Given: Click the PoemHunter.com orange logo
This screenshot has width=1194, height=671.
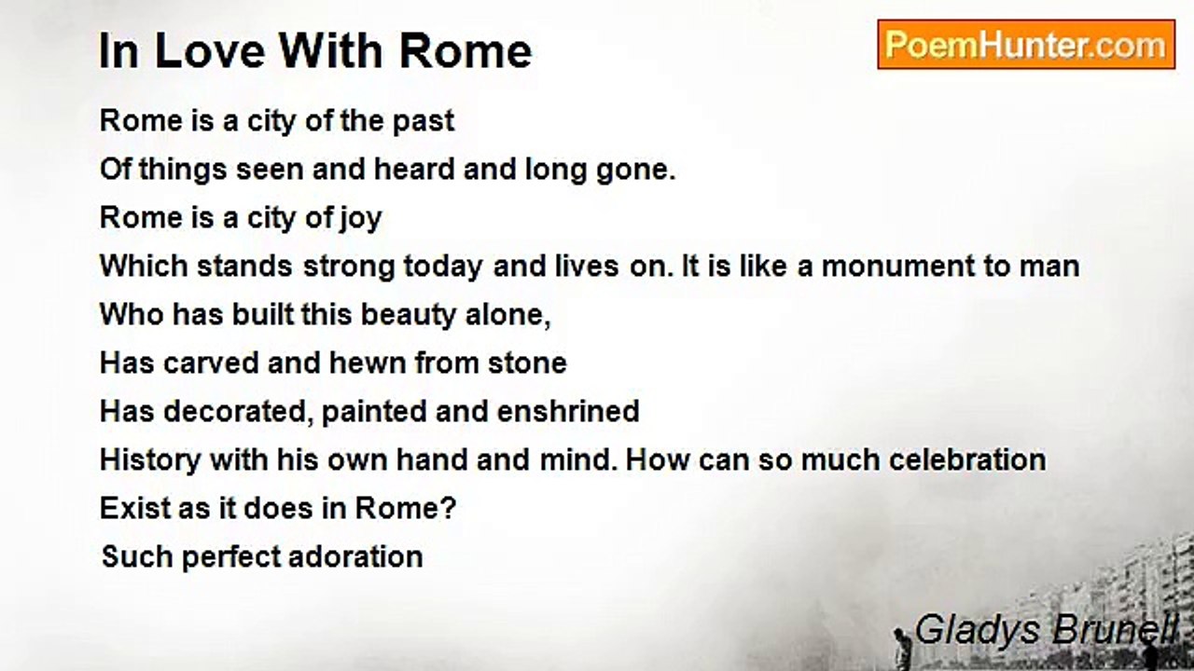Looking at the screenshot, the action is [1026, 45].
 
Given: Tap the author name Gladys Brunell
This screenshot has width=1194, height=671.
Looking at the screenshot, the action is [1046, 631].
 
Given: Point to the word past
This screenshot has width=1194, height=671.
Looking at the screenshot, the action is [423, 122].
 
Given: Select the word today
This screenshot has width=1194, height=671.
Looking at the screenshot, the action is [443, 267].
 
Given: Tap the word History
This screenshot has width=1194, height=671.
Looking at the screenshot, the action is [150, 461].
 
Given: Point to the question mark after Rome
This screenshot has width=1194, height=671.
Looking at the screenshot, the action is [449, 509].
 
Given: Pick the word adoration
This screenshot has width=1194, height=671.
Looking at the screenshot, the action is [355, 557].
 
